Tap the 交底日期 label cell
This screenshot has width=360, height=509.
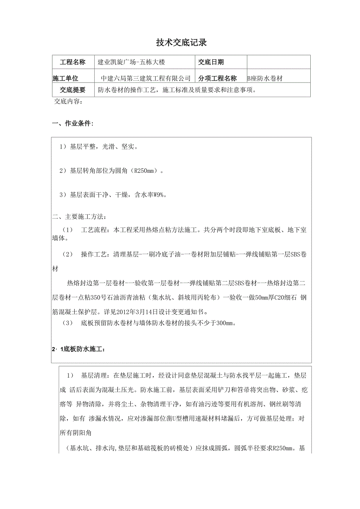pos(211,62)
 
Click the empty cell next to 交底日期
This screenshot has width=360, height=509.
pos(279,62)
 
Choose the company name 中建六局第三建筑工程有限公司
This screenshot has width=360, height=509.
pos(146,79)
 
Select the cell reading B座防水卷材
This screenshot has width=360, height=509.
pos(265,79)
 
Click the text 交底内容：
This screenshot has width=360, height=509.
pos(68,102)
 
